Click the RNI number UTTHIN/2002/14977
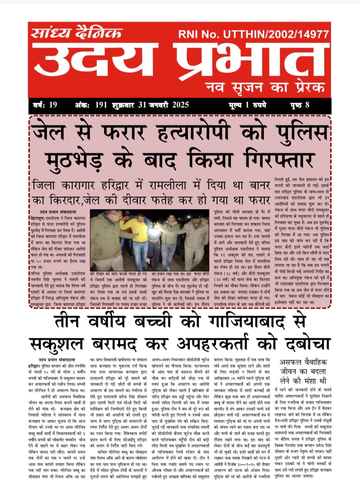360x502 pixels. tap(253, 34)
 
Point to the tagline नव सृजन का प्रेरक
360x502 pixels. tap(265, 87)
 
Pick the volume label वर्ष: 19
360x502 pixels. tap(45, 105)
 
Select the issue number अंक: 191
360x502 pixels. tap(91, 105)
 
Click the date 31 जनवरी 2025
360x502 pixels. tap(163, 105)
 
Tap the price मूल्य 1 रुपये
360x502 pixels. tap(247, 105)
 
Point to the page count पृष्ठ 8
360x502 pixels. tap(300, 105)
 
